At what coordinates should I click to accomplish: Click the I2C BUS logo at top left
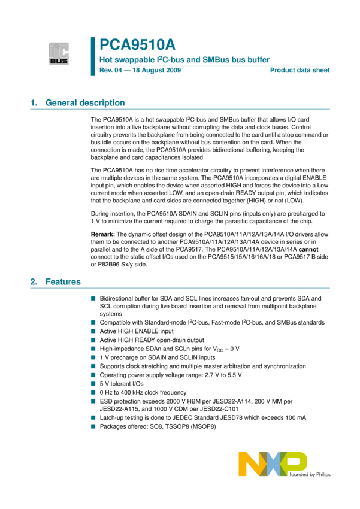click(59, 53)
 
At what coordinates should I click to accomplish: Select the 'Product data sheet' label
click(300, 71)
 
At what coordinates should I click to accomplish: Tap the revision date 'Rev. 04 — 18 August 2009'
click(140, 71)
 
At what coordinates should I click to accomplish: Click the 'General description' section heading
click(85, 103)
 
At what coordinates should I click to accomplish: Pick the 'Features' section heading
click(63, 281)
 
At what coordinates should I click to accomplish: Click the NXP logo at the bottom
click(272, 465)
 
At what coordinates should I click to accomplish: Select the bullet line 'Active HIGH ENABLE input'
click(137, 331)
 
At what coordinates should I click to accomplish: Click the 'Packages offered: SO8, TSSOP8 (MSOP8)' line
click(158, 426)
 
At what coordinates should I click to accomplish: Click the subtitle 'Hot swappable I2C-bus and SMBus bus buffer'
click(184, 60)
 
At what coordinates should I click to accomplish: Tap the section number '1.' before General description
click(34, 103)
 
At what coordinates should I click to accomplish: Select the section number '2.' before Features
click(34, 281)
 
